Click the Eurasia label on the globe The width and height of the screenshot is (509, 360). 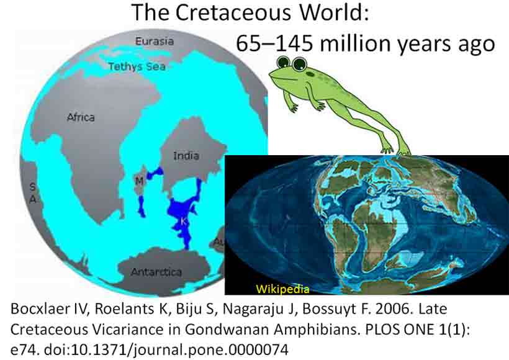(x=155, y=41)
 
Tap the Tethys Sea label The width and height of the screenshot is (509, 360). (x=137, y=66)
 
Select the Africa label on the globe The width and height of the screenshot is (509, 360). (x=81, y=117)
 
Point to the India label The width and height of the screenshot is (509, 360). (x=186, y=156)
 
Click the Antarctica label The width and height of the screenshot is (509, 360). (x=156, y=272)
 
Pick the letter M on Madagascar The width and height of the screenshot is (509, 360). (x=139, y=181)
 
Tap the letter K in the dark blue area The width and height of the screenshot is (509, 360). (x=183, y=222)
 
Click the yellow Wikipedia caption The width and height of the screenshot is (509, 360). (x=282, y=289)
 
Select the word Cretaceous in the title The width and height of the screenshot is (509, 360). (x=234, y=12)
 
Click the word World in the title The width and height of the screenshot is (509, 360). (x=334, y=12)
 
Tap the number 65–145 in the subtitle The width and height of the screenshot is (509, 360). (x=274, y=43)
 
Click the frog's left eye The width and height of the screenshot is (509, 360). (x=284, y=61)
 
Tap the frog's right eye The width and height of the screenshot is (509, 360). (x=299, y=63)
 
